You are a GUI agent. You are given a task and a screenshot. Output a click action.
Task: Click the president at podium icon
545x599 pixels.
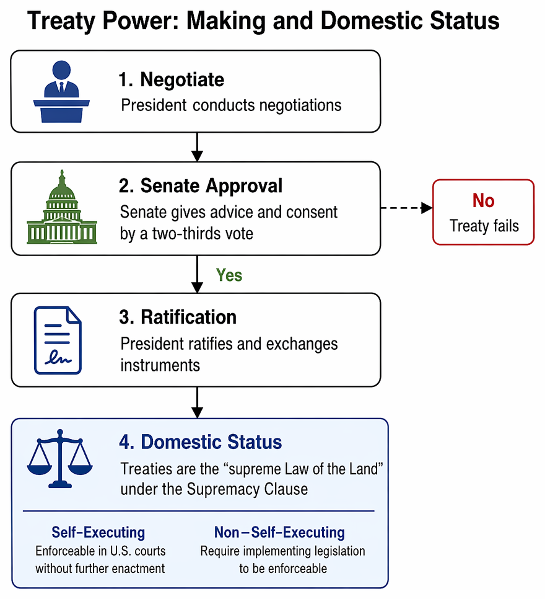(61, 92)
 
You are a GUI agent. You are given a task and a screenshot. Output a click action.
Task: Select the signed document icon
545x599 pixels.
(58, 340)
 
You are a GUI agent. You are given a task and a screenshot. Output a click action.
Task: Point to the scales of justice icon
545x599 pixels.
(60, 458)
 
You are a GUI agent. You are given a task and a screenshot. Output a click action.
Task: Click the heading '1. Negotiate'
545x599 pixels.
(172, 80)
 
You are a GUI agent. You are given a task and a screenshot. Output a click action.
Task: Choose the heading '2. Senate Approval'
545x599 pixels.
(201, 186)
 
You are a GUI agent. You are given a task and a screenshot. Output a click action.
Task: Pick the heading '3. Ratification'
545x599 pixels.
(178, 317)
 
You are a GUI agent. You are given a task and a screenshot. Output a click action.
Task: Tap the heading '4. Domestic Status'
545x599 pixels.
(201, 442)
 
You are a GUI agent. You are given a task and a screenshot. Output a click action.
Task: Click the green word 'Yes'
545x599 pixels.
(229, 275)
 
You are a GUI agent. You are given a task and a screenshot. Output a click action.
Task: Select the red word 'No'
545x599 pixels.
(484, 200)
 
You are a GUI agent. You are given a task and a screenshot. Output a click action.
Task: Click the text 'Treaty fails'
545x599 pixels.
(484, 226)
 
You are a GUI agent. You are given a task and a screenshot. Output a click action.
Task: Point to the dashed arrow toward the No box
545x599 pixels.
(406, 208)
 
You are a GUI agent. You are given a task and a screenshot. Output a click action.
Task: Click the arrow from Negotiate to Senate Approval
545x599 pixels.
(197, 147)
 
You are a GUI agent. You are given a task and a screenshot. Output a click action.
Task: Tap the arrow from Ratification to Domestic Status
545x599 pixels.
(197, 402)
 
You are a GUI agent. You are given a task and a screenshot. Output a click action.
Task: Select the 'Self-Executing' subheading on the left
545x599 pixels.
(98, 532)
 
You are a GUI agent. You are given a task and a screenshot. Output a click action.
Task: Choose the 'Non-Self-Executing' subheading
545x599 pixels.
(279, 532)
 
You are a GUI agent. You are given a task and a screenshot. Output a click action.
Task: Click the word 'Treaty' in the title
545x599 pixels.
(61, 21)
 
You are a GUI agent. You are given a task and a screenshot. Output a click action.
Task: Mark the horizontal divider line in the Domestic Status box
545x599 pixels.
(198, 511)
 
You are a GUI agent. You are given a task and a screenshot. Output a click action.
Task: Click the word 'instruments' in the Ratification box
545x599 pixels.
(160, 365)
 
